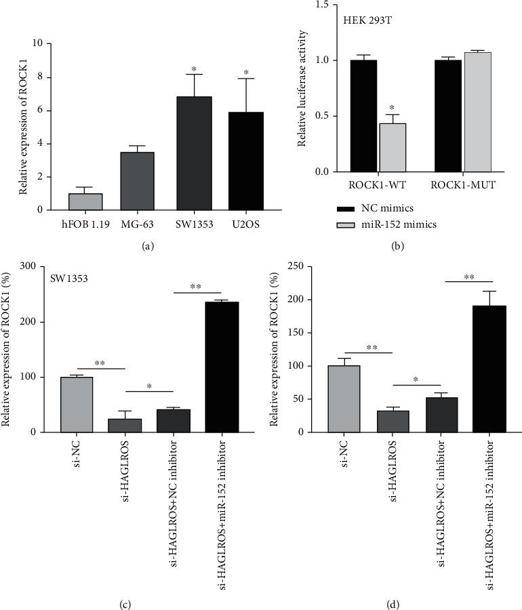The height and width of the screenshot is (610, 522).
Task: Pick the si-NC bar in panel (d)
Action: [344, 399]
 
